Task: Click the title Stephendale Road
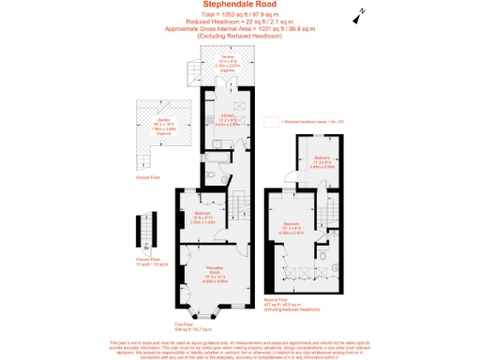(x=239, y=5)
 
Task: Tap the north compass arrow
(x=357, y=17)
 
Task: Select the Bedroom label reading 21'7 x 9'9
(x=292, y=226)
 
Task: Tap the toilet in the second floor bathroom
(x=321, y=254)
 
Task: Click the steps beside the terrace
(x=192, y=70)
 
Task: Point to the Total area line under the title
(x=239, y=14)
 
